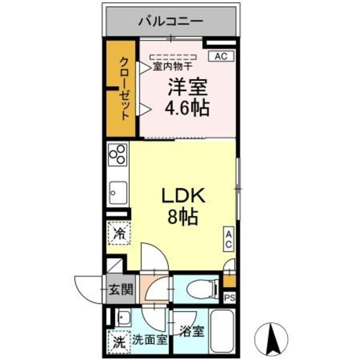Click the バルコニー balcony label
coord(172,22)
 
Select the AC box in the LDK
coord(229,240)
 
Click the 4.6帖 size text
coord(187,106)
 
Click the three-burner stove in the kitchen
coord(119,154)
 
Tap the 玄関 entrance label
coord(120,290)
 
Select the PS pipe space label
coord(229,298)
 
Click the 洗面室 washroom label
coord(149,340)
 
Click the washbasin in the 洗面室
coord(123,319)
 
